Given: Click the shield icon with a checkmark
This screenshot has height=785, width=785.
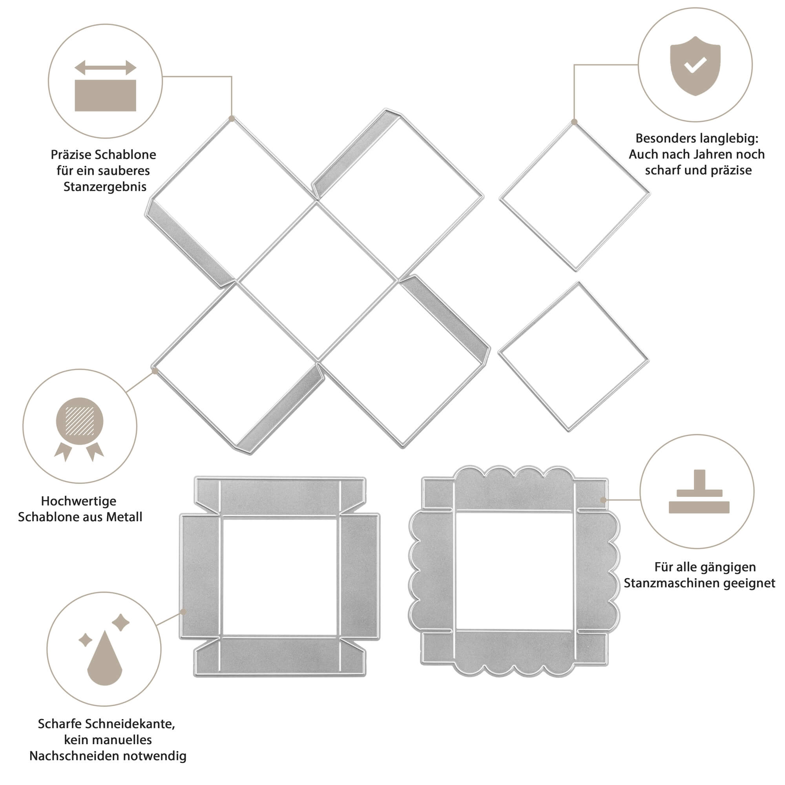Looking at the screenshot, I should (x=695, y=66).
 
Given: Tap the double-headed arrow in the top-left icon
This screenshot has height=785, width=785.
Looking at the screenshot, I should (x=105, y=68).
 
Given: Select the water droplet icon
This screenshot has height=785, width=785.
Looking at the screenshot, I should (x=104, y=658).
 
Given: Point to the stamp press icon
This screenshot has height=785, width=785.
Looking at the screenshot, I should (x=699, y=492).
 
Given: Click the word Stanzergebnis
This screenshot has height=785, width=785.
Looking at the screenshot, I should (x=105, y=187).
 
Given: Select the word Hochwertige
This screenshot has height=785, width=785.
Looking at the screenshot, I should (x=79, y=501).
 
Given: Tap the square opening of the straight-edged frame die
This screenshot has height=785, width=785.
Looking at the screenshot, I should (x=280, y=577).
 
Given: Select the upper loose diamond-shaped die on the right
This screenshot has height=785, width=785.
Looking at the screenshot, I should (x=575, y=197).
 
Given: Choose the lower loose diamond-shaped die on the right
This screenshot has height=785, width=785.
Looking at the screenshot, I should (x=573, y=356).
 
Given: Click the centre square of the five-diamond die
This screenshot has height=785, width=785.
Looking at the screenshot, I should (x=317, y=281).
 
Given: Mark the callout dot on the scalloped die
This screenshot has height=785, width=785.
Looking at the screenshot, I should (x=603, y=500).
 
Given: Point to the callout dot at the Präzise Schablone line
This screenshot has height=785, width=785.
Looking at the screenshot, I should (x=232, y=119).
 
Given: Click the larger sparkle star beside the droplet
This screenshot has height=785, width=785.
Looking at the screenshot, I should (x=120, y=623).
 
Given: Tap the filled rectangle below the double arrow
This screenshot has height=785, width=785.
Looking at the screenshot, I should (x=105, y=95).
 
